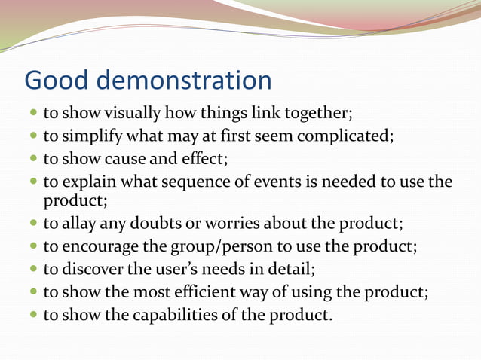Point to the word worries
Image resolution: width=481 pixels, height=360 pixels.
pyautogui.click(x=222, y=224)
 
